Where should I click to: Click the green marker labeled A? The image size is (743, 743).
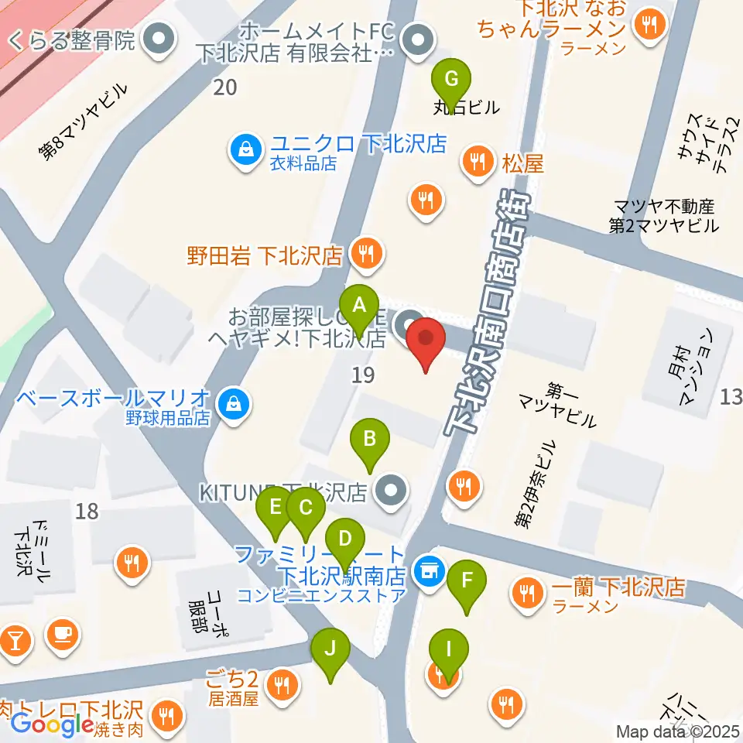[x=358, y=306]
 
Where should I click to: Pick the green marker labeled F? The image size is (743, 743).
[x=467, y=580]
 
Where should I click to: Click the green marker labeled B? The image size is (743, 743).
[x=370, y=439]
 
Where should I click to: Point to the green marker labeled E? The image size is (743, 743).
[x=275, y=508]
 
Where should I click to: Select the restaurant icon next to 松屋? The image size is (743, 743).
[x=474, y=162]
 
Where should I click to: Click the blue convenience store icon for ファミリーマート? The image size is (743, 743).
[x=426, y=572]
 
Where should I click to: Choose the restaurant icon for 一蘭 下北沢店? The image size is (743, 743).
[x=529, y=592]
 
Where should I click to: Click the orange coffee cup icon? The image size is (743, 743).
[x=62, y=635]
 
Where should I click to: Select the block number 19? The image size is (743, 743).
[x=362, y=376]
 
